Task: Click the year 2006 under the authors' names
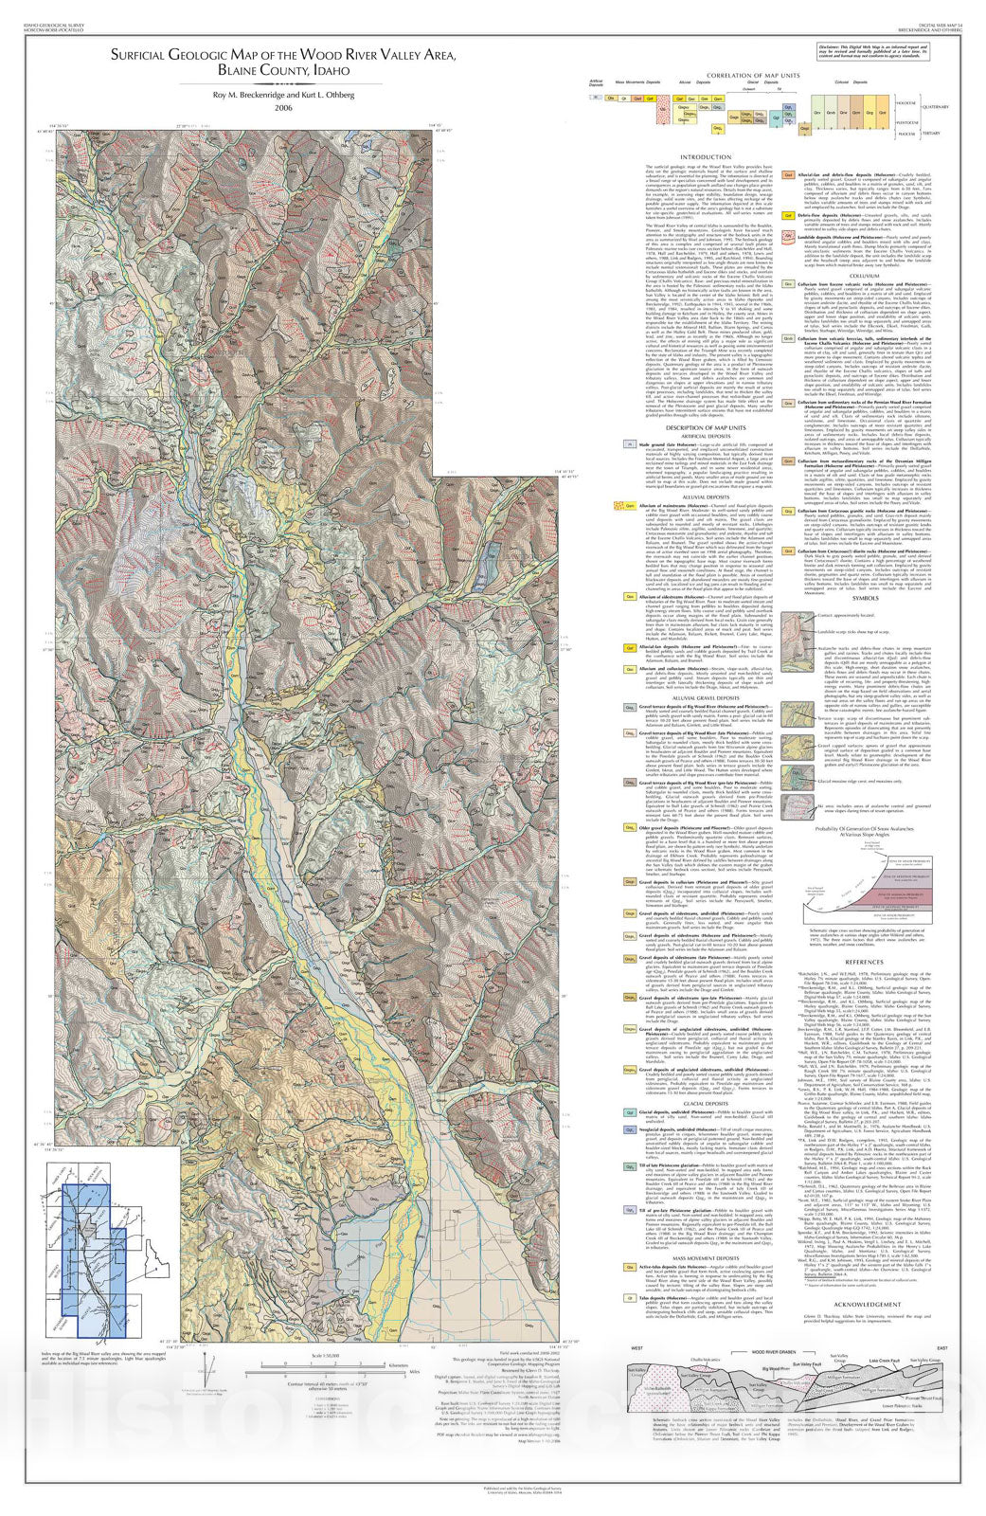click(283, 108)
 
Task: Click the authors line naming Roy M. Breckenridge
click(283, 94)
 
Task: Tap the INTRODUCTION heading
click(706, 157)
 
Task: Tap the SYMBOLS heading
click(865, 597)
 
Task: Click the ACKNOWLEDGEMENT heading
click(865, 1304)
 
